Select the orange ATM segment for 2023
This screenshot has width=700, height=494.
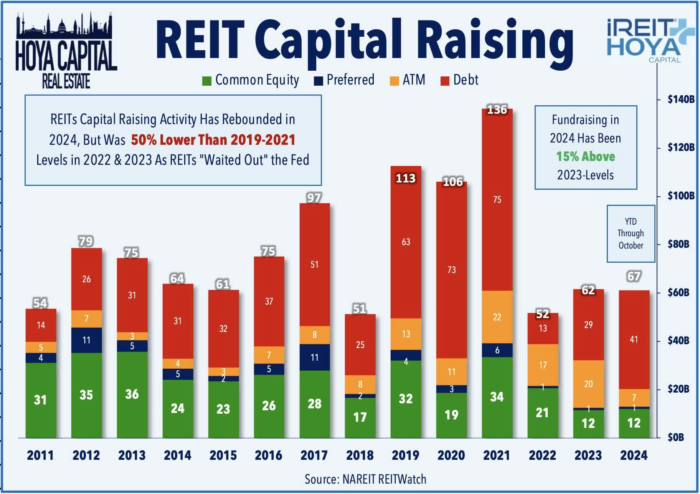click(588, 384)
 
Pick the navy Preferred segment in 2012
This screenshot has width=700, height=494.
click(86, 340)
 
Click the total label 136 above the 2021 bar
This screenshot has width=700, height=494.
click(497, 110)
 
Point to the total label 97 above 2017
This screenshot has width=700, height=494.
click(314, 198)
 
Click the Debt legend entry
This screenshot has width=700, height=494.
click(460, 80)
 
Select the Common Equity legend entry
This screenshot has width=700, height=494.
click(251, 80)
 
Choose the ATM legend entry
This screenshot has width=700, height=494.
click(408, 80)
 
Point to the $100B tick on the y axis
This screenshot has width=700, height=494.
click(680, 196)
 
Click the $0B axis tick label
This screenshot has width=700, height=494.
click(675, 437)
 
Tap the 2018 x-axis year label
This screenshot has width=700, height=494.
click(360, 456)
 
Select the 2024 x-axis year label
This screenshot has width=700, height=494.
click(634, 456)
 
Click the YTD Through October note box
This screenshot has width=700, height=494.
click(631, 234)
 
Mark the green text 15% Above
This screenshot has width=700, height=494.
click(585, 157)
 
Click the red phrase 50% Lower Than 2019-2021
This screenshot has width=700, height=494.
click(213, 140)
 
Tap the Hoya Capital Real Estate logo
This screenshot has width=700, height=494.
click(66, 52)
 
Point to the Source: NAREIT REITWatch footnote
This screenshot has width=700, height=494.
click(365, 479)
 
